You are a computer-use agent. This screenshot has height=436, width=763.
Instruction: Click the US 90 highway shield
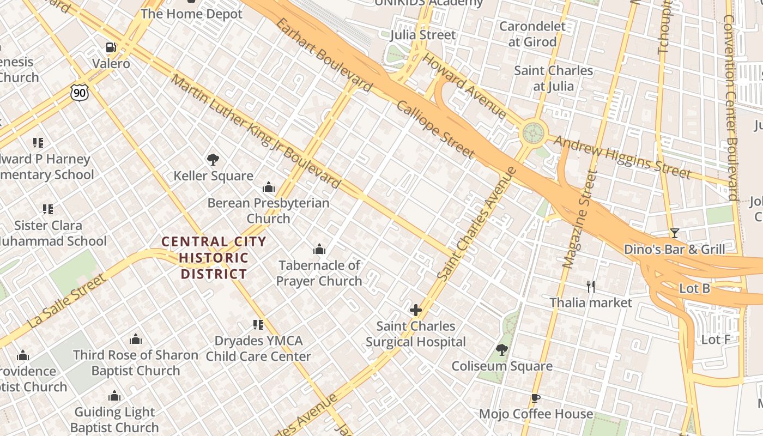(x=80, y=93)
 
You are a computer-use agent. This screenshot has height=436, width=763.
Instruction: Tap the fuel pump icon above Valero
(x=111, y=47)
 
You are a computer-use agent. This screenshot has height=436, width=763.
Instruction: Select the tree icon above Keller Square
(x=213, y=160)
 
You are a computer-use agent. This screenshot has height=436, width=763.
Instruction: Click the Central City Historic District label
(x=214, y=258)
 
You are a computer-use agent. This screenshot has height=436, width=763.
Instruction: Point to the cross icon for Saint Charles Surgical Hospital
(x=416, y=310)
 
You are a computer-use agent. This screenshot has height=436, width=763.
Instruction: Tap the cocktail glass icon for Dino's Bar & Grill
(x=675, y=233)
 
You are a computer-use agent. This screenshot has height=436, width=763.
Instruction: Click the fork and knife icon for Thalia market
(x=591, y=286)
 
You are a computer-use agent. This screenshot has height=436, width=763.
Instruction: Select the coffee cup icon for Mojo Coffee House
(x=536, y=398)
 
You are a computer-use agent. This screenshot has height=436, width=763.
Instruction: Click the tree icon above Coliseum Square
(x=502, y=349)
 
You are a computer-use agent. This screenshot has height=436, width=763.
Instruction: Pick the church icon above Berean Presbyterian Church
(x=268, y=187)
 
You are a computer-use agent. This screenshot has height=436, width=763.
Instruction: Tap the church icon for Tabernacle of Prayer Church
(x=319, y=250)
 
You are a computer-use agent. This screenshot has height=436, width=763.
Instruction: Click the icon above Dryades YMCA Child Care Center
(x=258, y=325)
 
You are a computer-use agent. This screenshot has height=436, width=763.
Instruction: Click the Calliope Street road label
(x=435, y=130)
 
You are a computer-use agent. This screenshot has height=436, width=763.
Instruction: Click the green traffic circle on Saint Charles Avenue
(x=534, y=132)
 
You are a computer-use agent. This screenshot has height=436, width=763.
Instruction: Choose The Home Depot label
(x=191, y=14)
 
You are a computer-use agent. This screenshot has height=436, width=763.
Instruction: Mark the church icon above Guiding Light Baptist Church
(x=114, y=396)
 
